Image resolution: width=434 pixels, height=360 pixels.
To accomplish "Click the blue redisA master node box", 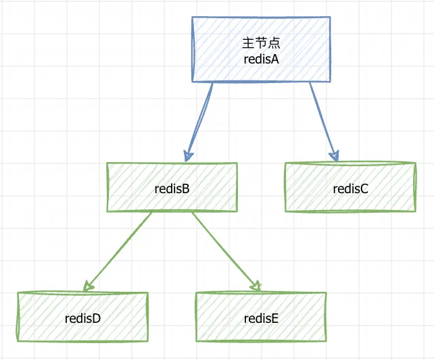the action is pyautogui.click(x=262, y=49).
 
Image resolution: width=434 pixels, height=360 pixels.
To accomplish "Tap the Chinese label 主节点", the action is pyautogui.click(x=262, y=43).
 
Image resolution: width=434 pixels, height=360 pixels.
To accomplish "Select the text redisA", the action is pyautogui.click(x=262, y=59).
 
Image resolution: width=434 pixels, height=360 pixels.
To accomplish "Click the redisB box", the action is pyautogui.click(x=172, y=187).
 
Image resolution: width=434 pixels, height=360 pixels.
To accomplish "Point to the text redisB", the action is pyautogui.click(x=172, y=189).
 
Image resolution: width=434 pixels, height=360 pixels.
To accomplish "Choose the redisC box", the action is pyautogui.click(x=350, y=187).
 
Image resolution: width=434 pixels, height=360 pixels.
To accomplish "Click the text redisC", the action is pyautogui.click(x=350, y=189).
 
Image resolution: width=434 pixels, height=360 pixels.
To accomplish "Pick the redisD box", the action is pyautogui.click(x=82, y=317).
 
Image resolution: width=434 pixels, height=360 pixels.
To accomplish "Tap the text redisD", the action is pyautogui.click(x=82, y=319).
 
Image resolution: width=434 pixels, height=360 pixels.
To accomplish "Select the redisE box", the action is pyautogui.click(x=261, y=317).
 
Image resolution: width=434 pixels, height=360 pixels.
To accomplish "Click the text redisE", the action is pyautogui.click(x=261, y=319).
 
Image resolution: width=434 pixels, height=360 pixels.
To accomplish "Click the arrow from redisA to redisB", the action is pyautogui.click(x=199, y=122).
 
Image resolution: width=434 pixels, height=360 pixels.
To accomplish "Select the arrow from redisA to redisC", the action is pyautogui.click(x=324, y=122).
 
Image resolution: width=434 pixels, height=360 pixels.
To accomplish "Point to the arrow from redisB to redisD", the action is pyautogui.click(x=118, y=252).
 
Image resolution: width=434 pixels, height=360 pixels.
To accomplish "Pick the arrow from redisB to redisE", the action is pyautogui.click(x=226, y=252).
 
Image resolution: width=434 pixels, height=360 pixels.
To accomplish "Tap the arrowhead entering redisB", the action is pyautogui.click(x=188, y=156).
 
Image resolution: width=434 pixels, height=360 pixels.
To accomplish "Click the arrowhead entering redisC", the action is pyautogui.click(x=335, y=156).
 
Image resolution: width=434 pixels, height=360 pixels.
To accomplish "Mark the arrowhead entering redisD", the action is pyautogui.click(x=88, y=286).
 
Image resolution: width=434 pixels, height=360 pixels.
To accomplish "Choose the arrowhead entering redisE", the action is pyautogui.click(x=256, y=286).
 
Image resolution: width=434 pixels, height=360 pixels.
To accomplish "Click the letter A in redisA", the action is pyautogui.click(x=275, y=59).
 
